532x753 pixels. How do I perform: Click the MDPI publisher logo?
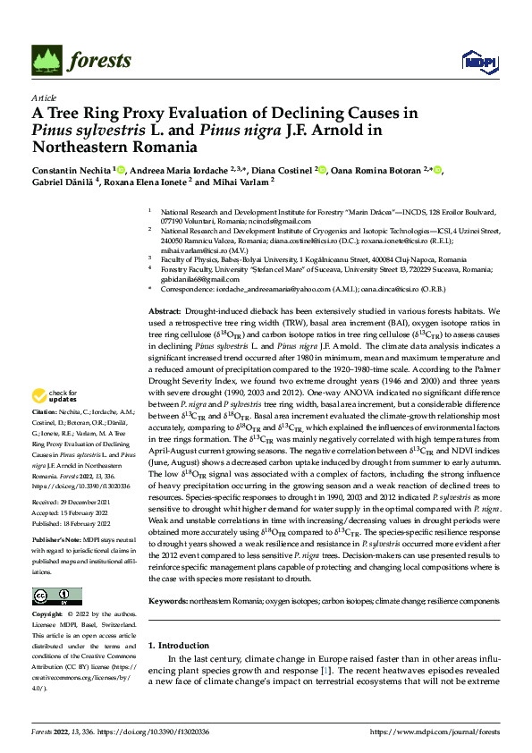tap(476, 61)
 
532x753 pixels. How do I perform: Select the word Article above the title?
tap(43, 97)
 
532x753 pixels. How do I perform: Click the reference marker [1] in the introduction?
tap(326, 669)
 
